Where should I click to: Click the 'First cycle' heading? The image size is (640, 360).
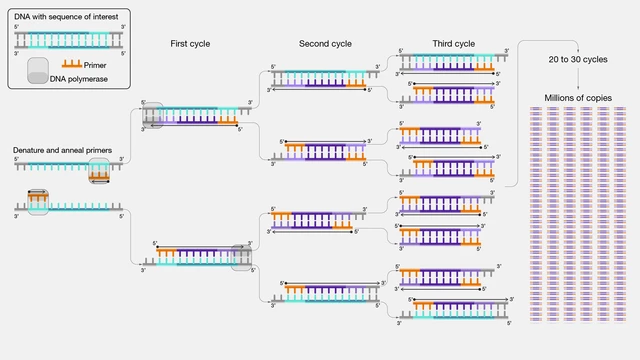(189, 45)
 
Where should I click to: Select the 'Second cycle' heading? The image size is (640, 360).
(324, 45)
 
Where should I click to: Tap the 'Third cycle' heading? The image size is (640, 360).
(454, 45)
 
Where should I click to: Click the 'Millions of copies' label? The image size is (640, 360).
(578, 97)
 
